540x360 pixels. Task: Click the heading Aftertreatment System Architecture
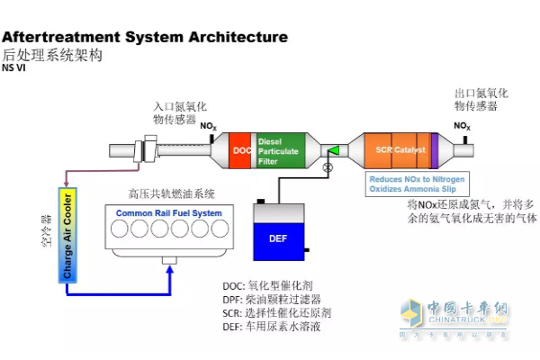pyautogui.click(x=145, y=37)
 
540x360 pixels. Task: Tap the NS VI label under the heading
pyautogui.click(x=13, y=67)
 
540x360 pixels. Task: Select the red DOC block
pyautogui.click(x=242, y=149)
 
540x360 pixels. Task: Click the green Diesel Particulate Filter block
pyautogui.click(x=282, y=148)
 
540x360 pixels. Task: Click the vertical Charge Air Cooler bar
pyautogui.click(x=67, y=233)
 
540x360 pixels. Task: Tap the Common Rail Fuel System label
pyautogui.click(x=169, y=213)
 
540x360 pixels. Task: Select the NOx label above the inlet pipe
pyautogui.click(x=209, y=127)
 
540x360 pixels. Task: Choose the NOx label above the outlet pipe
pyautogui.click(x=462, y=126)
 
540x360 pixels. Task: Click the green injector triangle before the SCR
pyautogui.click(x=334, y=150)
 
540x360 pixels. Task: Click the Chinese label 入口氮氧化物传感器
pyautogui.click(x=175, y=112)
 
